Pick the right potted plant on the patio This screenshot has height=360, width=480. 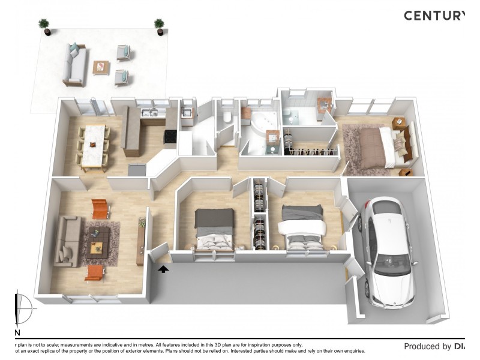coord(159,25)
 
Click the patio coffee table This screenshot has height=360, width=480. coord(101,67)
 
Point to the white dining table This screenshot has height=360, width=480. coord(93,144)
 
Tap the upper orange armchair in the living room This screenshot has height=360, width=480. coord(100,208)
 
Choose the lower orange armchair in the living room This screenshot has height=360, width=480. coord(95,273)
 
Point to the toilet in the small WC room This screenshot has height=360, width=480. coord(226,118)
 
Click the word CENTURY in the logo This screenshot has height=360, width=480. coord(434,16)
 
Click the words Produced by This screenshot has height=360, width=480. coord(427,346)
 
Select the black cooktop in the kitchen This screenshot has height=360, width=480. coord(170,137)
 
